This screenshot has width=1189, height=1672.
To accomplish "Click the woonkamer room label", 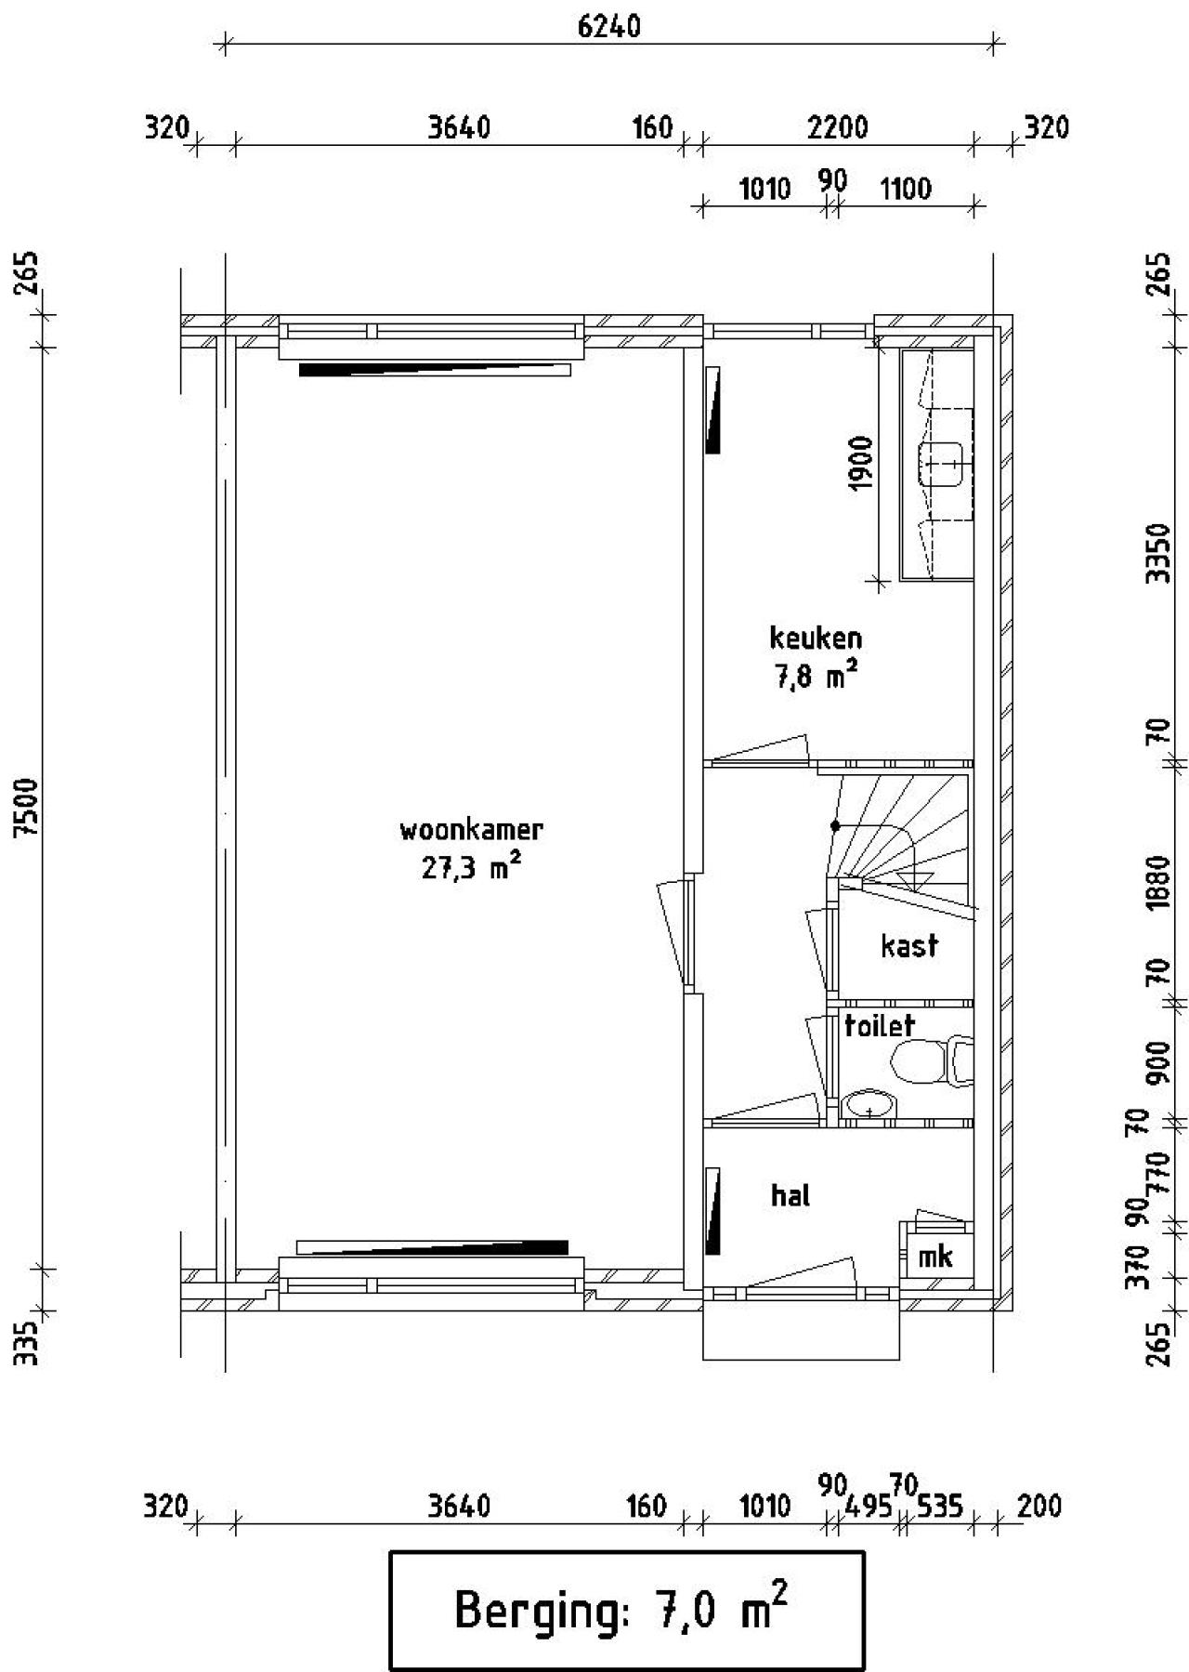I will coord(471,829).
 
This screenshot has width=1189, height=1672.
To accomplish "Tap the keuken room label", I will coord(816,639).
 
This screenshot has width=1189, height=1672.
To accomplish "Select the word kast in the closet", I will coord(909,946).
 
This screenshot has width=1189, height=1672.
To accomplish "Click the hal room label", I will coord(790,1195).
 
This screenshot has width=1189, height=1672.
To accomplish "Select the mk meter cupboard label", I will coord(935,1257).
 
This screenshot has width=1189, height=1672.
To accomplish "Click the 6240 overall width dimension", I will coord(608,26).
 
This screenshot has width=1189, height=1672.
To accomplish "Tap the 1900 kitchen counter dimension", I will coord(861,464).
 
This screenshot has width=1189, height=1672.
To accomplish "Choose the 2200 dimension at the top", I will coord(837,127).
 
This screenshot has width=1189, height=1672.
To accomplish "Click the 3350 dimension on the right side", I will coord(1157,552).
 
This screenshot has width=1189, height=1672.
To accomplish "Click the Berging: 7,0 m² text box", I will coord(625,1609).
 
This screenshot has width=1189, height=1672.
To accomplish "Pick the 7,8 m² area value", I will coord(816,677).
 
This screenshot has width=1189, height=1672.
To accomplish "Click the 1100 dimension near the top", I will coord(905,190).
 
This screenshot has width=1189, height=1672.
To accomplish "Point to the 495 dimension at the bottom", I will coord(869,1506).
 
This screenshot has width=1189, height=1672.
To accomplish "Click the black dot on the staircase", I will coord(835,825).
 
